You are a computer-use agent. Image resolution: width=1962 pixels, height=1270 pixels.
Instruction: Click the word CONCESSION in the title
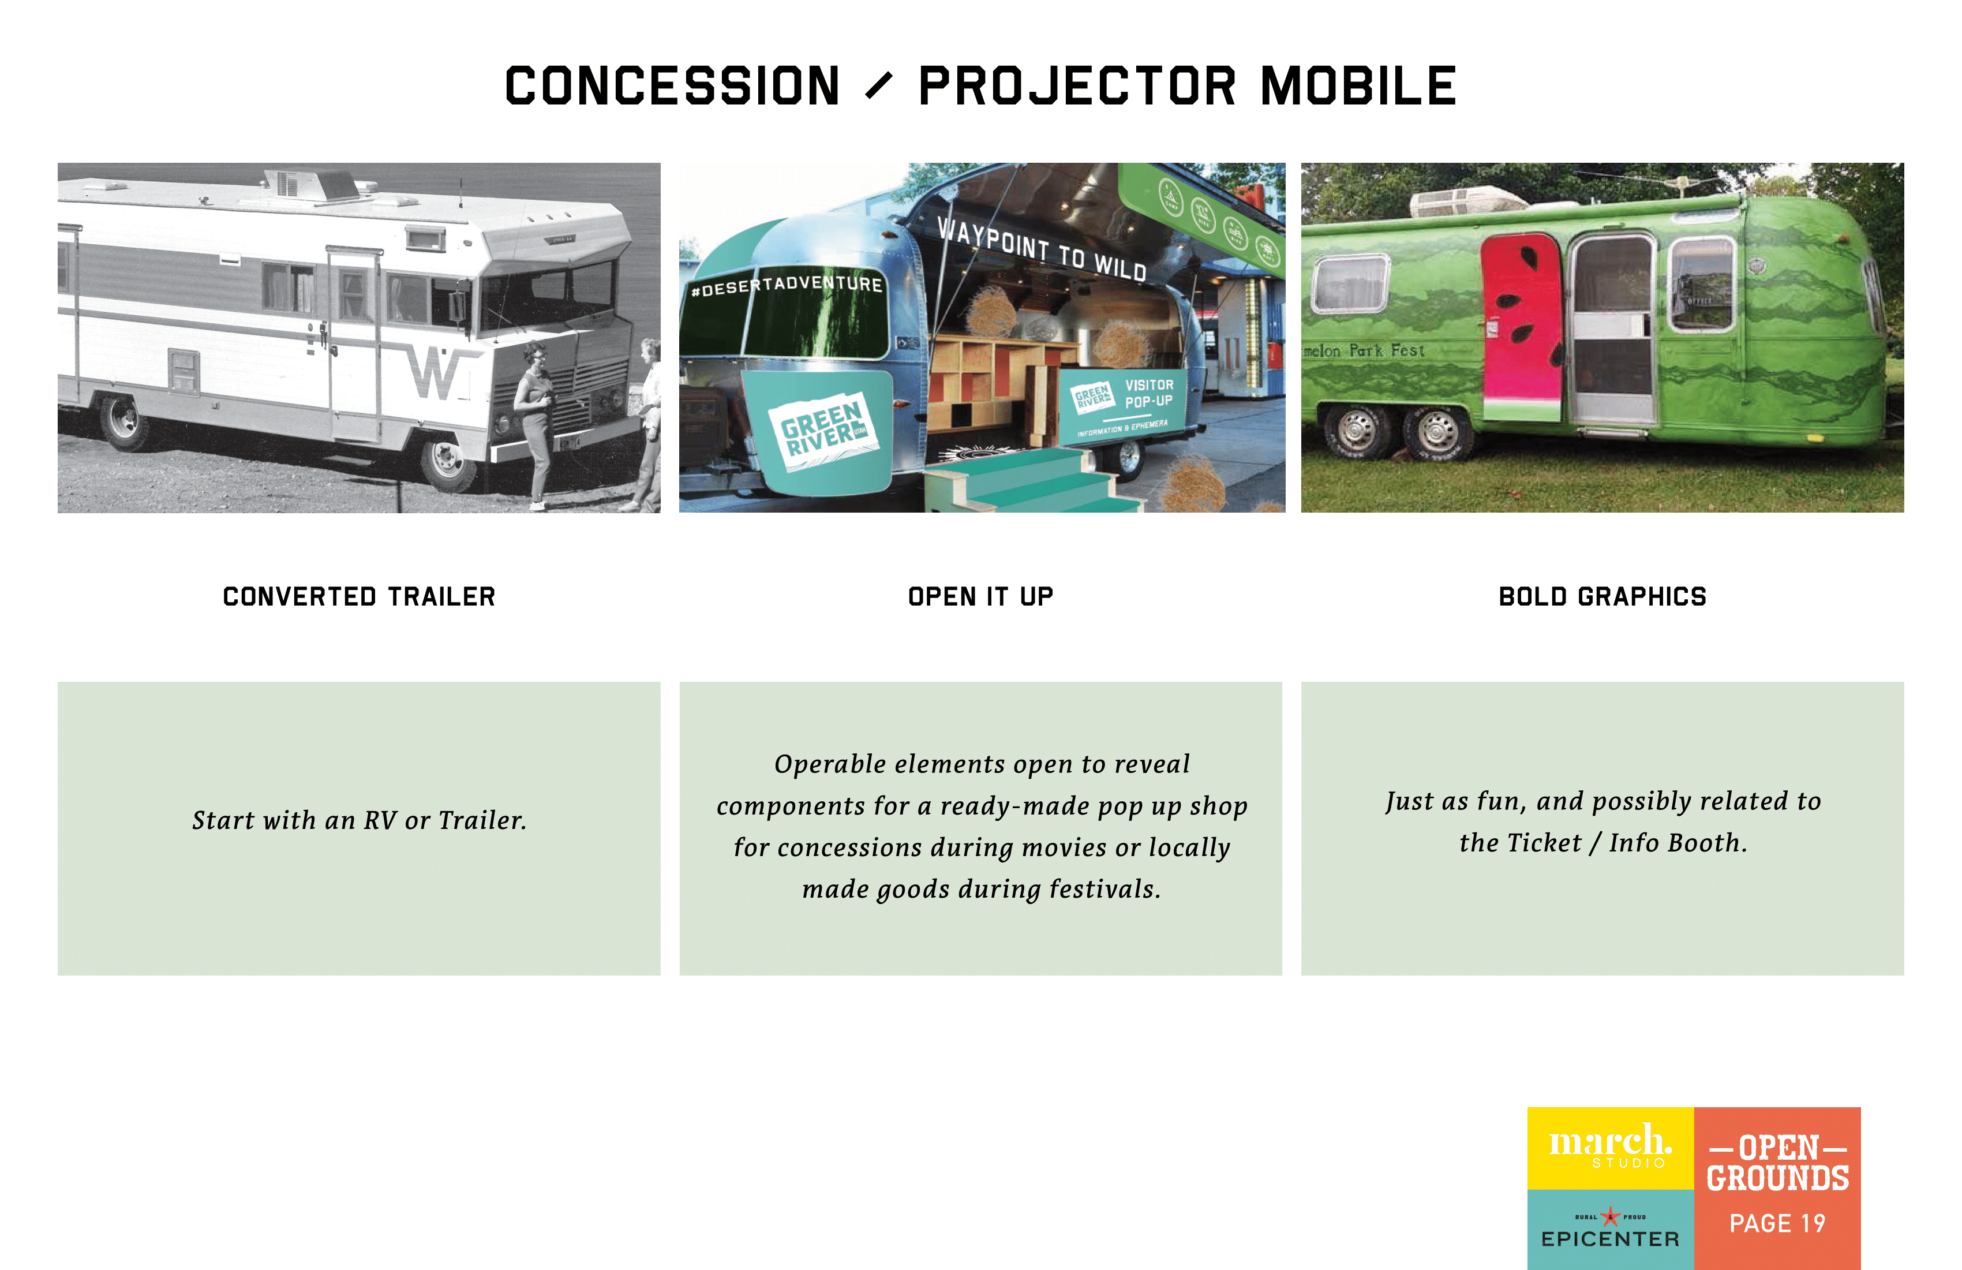pyautogui.click(x=672, y=86)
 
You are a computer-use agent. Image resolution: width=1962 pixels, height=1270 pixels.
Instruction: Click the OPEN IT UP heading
pyautogui.click(x=980, y=596)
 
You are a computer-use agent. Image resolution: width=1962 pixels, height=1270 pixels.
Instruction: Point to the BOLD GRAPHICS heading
pyautogui.click(x=1602, y=596)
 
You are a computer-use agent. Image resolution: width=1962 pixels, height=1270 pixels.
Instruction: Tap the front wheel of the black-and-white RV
pyautogui.click(x=448, y=460)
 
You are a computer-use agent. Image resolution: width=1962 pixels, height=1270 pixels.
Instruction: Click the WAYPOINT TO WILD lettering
pyautogui.click(x=1041, y=248)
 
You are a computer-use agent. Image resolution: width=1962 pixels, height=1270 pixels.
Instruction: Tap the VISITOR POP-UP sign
pyautogui.click(x=1148, y=393)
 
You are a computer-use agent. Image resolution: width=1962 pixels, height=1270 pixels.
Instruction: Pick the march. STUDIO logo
pyautogui.click(x=1610, y=1147)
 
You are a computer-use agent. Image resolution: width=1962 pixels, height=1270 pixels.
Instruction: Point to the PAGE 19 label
pyautogui.click(x=1777, y=1223)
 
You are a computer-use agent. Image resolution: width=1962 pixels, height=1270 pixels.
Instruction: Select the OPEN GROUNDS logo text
pyautogui.click(x=1777, y=1163)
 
